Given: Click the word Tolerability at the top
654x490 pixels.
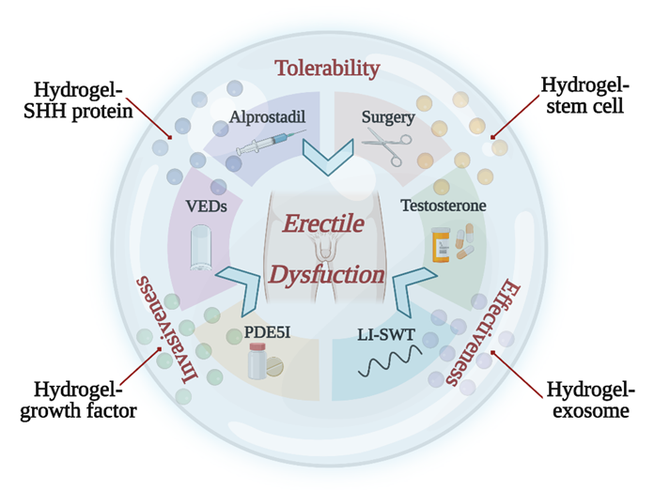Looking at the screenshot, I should point(326,68).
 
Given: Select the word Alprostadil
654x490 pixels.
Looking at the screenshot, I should point(266,117).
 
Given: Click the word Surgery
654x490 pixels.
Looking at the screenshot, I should point(388,117).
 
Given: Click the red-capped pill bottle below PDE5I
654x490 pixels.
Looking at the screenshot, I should point(257,362).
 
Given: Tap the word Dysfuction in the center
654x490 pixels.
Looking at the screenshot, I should point(328,275).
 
